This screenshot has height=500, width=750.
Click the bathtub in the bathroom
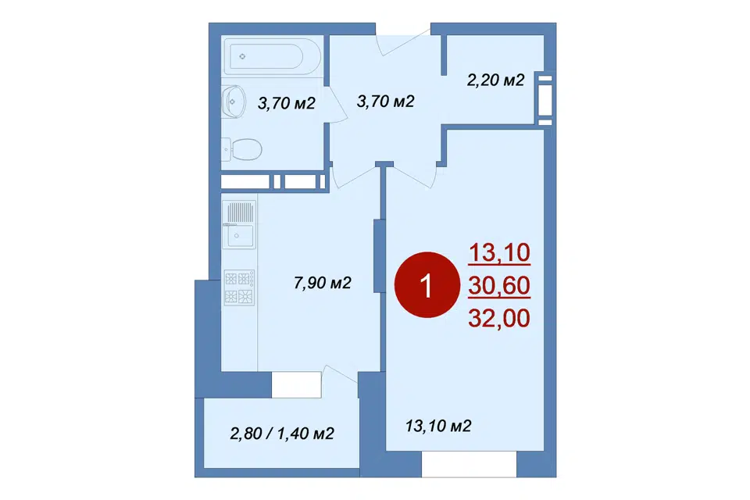tap(273, 57)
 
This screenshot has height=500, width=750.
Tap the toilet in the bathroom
tap(242, 149)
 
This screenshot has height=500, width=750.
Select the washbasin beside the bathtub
tap(234, 102)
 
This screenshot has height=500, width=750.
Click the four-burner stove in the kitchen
tap(239, 287)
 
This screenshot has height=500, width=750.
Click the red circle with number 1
tap(427, 285)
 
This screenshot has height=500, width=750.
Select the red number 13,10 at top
tap(499, 252)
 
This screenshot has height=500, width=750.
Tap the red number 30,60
tap(499, 285)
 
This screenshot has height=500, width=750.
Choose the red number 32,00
tap(499, 318)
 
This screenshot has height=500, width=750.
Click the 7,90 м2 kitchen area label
tap(323, 283)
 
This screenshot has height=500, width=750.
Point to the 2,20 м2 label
tap(495, 80)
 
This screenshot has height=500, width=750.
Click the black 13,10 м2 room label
tap(438, 425)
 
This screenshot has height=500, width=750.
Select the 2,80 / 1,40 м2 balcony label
tap(282, 434)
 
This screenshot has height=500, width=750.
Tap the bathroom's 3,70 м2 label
tap(287, 103)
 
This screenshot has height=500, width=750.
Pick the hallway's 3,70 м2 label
tap(385, 101)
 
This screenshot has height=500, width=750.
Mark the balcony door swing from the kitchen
tap(340, 376)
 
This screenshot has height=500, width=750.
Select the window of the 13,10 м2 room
tap(470, 464)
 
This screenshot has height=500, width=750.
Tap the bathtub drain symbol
tap(242, 56)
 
